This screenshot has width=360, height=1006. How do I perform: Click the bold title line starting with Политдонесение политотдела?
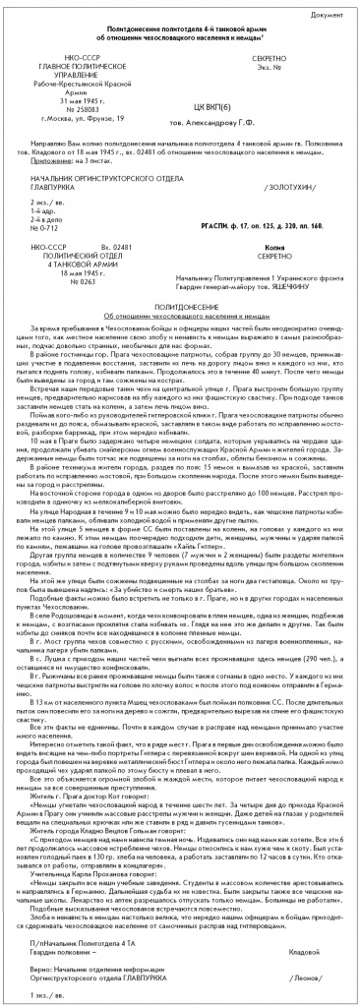pos(180,32)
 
